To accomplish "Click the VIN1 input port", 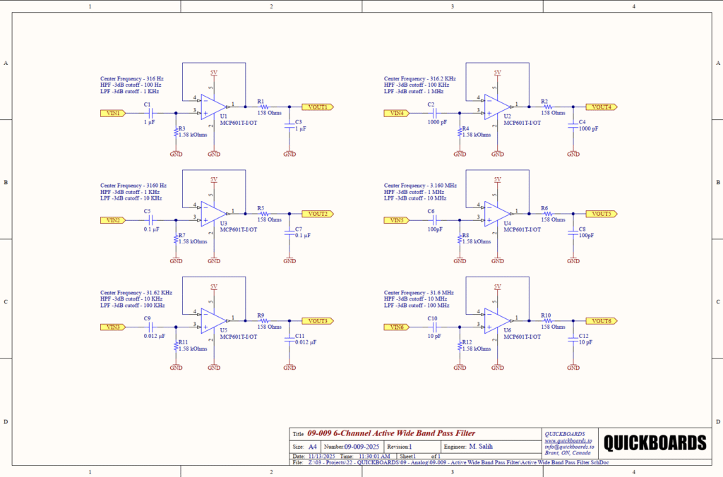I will tap(113, 113).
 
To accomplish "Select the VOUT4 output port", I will tap(601, 107).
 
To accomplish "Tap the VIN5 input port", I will tap(397, 220).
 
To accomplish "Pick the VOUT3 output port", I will tap(317, 321).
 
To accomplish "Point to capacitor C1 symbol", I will tap(150, 113).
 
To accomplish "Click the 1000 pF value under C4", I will tap(587, 128).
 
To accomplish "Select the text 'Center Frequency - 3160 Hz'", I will tap(133, 186).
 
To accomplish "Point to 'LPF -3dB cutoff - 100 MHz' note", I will tap(417, 306).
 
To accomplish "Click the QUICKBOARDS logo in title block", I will tap(654, 443).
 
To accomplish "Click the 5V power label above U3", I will tap(213, 179).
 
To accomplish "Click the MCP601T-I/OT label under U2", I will tap(522, 122).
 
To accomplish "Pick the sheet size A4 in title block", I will tap(313, 447).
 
